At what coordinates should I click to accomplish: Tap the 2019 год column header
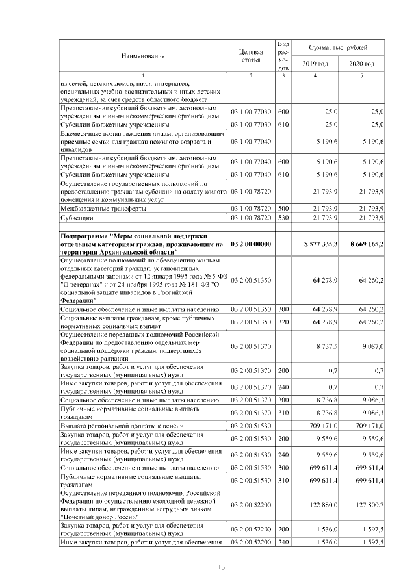[315, 64]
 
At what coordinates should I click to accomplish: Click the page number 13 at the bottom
[221, 567]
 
